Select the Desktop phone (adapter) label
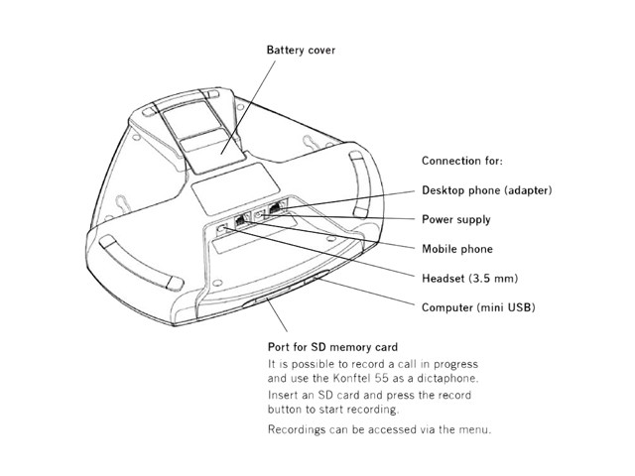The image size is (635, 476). click(486, 189)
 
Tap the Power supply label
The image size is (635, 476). click(455, 219)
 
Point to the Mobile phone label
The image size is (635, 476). click(457, 249)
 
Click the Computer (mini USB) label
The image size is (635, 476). click(478, 308)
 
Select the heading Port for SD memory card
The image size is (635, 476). click(332, 347)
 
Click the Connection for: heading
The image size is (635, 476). click(461, 161)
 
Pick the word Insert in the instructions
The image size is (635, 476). click(285, 396)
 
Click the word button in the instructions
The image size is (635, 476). click(287, 410)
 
